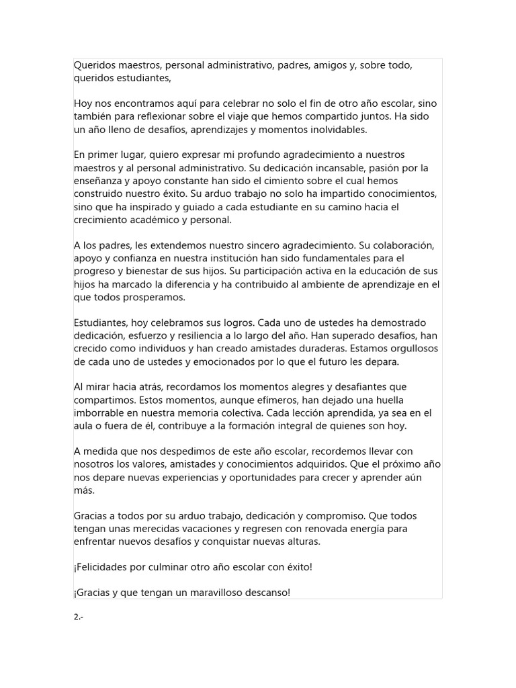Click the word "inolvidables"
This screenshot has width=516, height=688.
[x=334, y=130]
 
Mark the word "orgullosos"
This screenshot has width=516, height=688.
[x=406, y=349]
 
